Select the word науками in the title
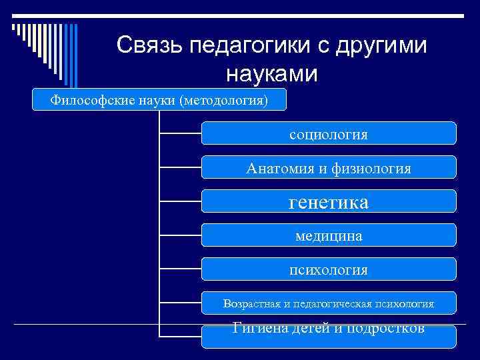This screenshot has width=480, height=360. point(272,73)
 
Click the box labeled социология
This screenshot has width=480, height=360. point(329,134)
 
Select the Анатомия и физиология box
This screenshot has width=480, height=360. point(329,168)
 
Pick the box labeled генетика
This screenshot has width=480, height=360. point(329,202)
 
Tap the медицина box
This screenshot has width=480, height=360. point(329,236)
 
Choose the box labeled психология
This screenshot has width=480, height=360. point(329,270)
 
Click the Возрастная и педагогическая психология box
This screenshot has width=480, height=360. point(329,303)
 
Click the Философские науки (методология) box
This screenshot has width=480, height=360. point(160,100)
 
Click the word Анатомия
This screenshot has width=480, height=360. point(279,169)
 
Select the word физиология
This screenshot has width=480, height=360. point(373,169)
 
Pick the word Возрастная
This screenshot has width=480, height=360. point(252,304)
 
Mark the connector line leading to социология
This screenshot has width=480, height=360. point(180,133)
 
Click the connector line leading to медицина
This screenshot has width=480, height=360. point(180,235)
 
